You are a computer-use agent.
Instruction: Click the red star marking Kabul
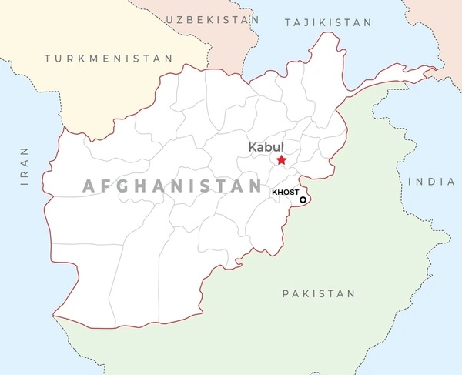point(282,160)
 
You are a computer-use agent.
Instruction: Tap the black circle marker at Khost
point(303,200)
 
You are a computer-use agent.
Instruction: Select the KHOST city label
point(285,192)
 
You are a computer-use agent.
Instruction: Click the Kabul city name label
point(266,146)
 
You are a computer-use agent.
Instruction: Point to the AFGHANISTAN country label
point(172,186)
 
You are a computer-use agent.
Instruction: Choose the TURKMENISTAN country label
point(108,59)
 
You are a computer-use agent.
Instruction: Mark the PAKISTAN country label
point(319,293)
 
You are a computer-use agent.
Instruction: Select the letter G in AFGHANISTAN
point(127,186)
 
